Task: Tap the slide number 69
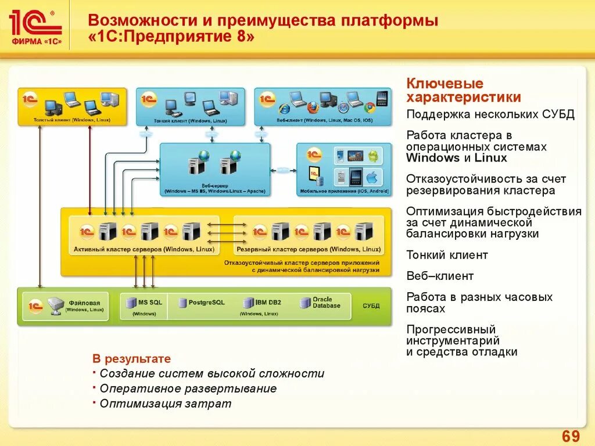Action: click(571, 436)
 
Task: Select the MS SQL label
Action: click(150, 303)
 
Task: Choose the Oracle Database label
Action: click(326, 303)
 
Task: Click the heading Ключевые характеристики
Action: click(463, 91)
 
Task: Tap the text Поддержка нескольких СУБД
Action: click(490, 114)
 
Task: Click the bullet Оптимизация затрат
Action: click(165, 404)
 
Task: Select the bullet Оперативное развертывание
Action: click(188, 389)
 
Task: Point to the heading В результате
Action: click(132, 359)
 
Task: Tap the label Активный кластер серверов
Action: click(144, 249)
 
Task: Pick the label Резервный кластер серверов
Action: click(309, 249)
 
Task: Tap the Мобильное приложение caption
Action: click(344, 191)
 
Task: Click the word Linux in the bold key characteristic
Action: click(490, 158)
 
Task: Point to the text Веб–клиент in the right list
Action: click(440, 276)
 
